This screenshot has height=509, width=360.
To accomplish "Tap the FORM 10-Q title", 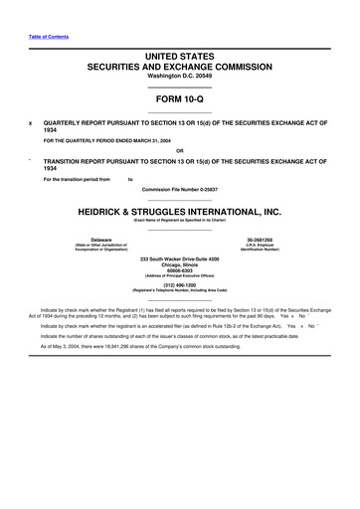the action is point(179,100).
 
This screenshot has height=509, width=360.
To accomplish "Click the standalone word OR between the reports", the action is point(179,151).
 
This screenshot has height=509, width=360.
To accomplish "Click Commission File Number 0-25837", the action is point(179,187).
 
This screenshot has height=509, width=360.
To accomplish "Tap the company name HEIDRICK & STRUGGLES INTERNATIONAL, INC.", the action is point(179,211).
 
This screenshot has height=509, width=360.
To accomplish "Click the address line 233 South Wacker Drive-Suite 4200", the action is point(179,257).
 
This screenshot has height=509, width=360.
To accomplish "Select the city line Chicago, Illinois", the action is point(179,264).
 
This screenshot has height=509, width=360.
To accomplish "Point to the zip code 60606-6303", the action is point(179,270).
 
